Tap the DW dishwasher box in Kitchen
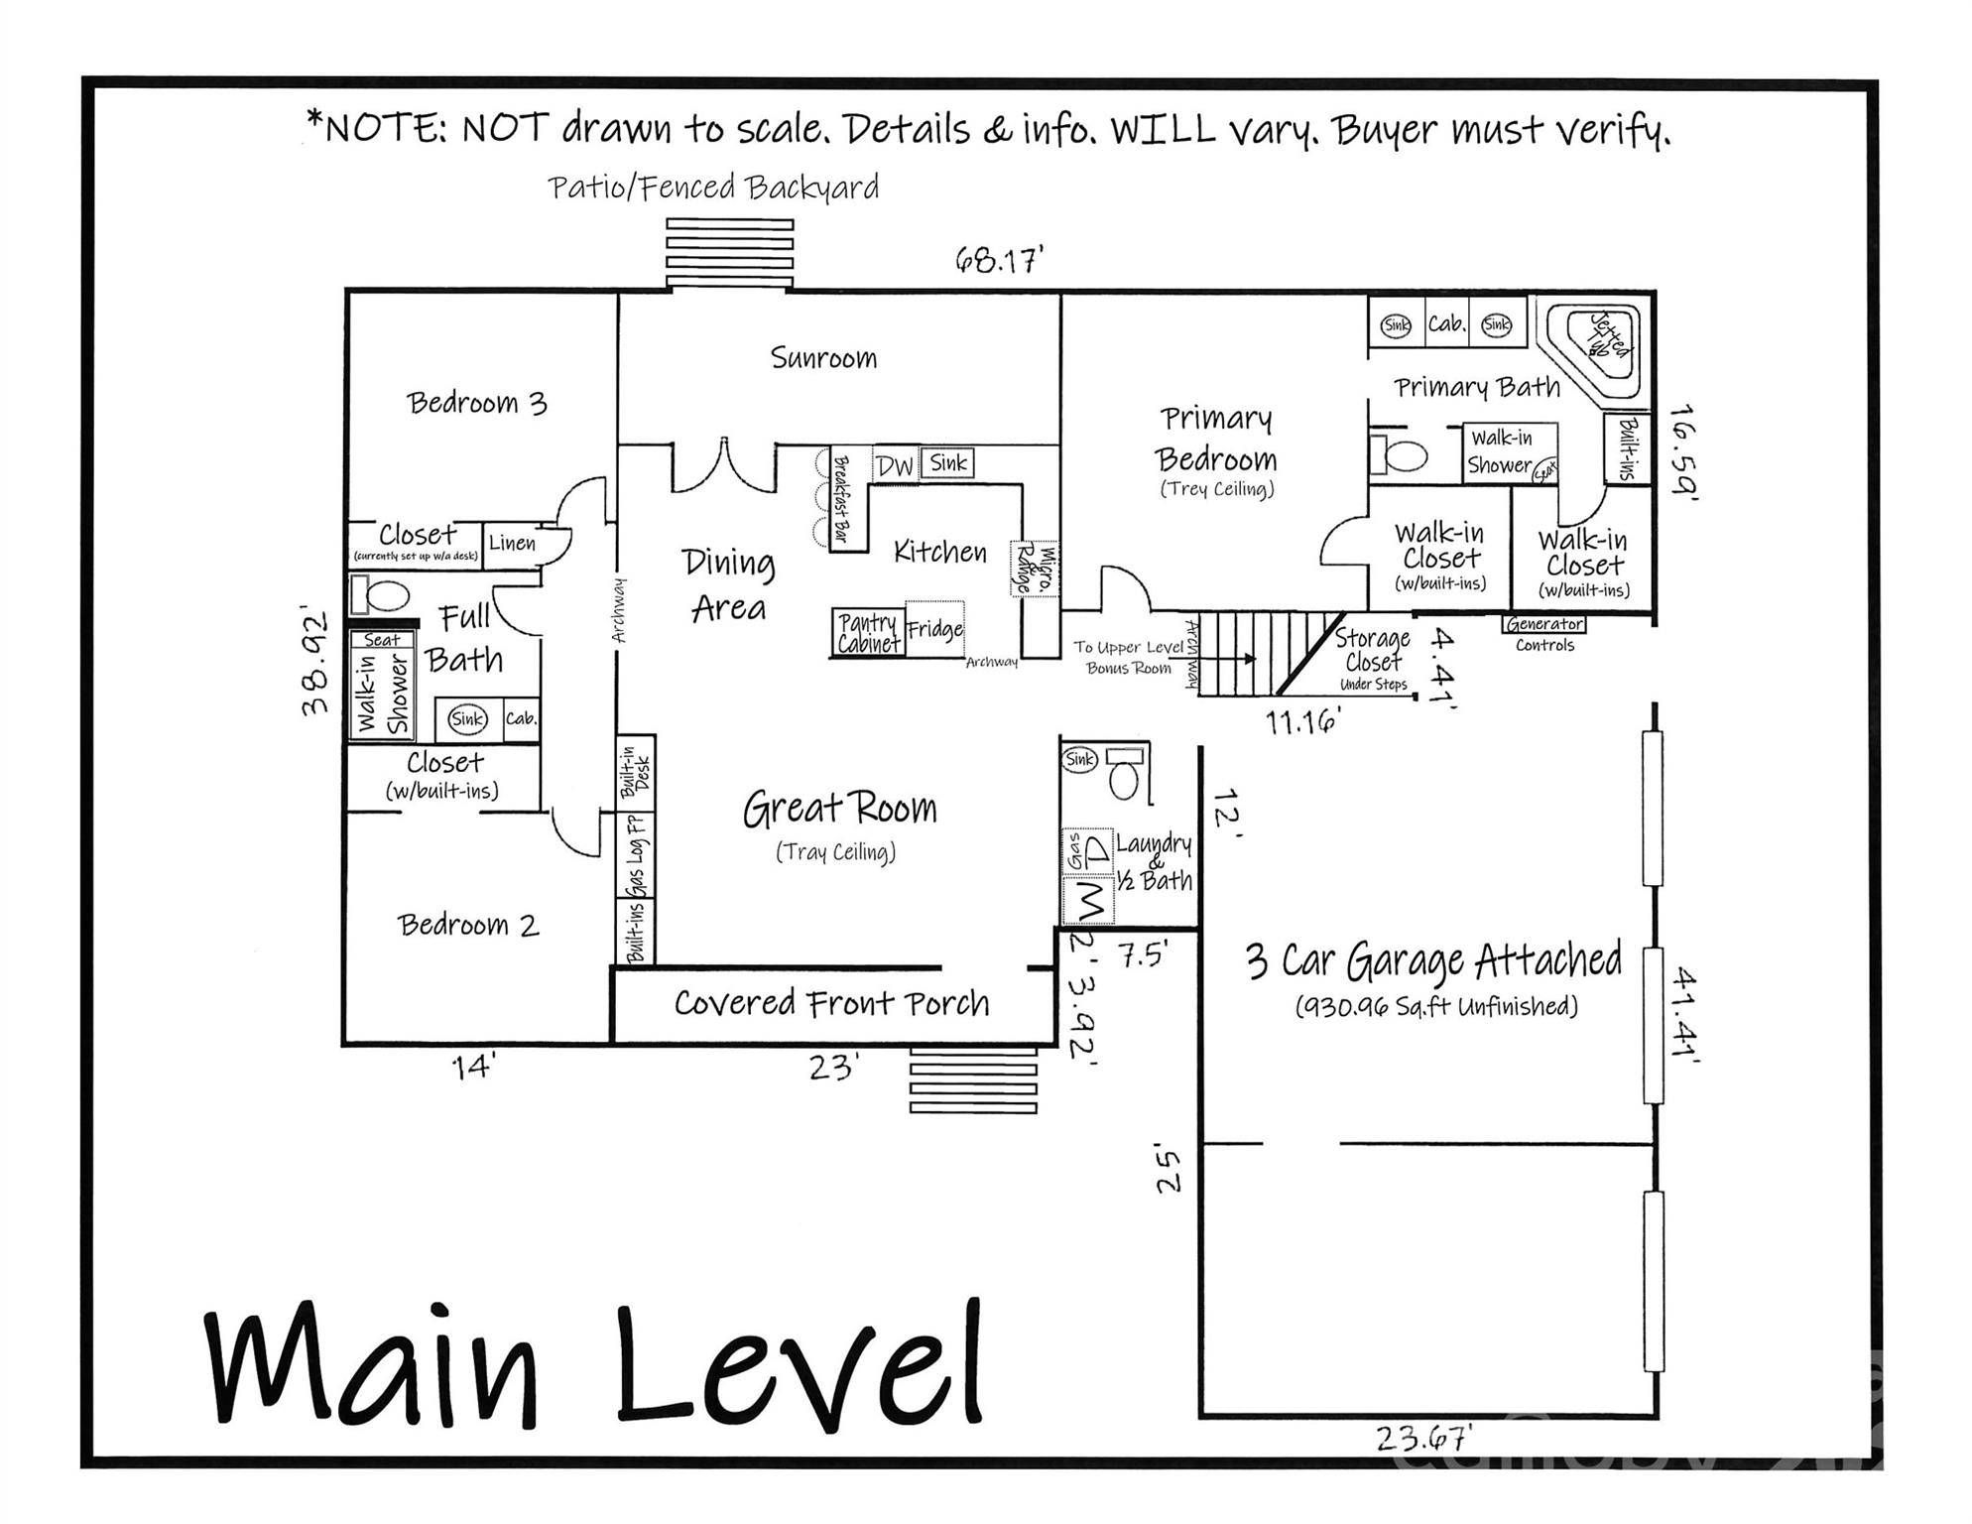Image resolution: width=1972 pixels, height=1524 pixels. pos(895,465)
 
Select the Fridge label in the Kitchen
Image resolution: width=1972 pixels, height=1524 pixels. pos(934,629)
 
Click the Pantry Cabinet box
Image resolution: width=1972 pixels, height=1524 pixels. pos(868,633)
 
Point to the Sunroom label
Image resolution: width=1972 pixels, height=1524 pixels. pos(823,358)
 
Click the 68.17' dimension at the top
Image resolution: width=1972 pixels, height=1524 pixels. pos(999,261)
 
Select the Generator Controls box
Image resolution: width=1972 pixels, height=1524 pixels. pos(1544,624)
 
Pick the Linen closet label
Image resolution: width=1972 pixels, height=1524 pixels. pos(512,544)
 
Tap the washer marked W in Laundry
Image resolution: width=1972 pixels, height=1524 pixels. pos(1088,901)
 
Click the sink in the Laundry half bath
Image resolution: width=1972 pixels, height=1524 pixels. pos(1079,759)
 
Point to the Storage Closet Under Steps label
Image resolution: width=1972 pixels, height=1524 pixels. pos(1373,659)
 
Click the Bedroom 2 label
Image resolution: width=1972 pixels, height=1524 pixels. pos(468,926)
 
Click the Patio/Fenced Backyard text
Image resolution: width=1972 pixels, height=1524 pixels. pos(713,188)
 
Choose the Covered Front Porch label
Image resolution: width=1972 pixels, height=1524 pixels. pos(831,1003)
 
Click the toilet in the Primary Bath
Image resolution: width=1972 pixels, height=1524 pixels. pos(1401,455)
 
